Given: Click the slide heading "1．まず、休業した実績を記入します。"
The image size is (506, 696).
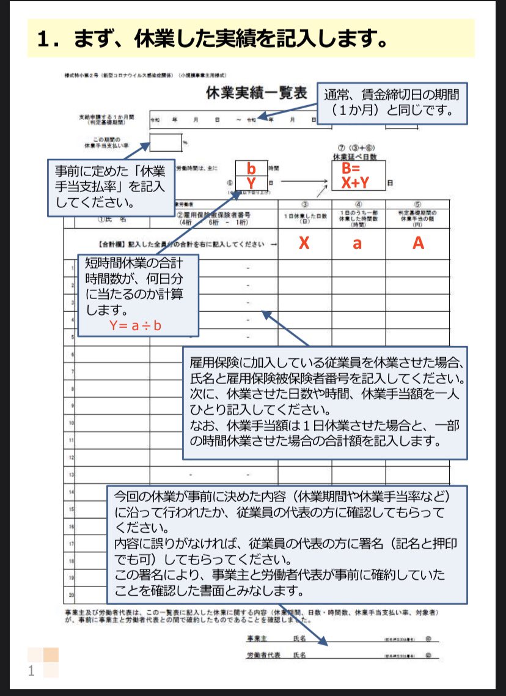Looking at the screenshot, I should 211,39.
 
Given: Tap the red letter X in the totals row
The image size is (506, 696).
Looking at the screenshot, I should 304,243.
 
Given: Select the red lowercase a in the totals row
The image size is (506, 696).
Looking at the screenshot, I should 358,243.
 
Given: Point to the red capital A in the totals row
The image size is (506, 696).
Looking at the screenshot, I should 418,243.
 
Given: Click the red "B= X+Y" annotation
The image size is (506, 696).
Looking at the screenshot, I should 358,175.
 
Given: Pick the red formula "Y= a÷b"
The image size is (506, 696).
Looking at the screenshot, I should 135,325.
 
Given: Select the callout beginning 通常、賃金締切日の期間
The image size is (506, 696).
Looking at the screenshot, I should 392,103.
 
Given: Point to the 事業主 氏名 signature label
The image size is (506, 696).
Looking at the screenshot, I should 275,638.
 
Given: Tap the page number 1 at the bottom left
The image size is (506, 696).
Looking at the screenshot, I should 31,672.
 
